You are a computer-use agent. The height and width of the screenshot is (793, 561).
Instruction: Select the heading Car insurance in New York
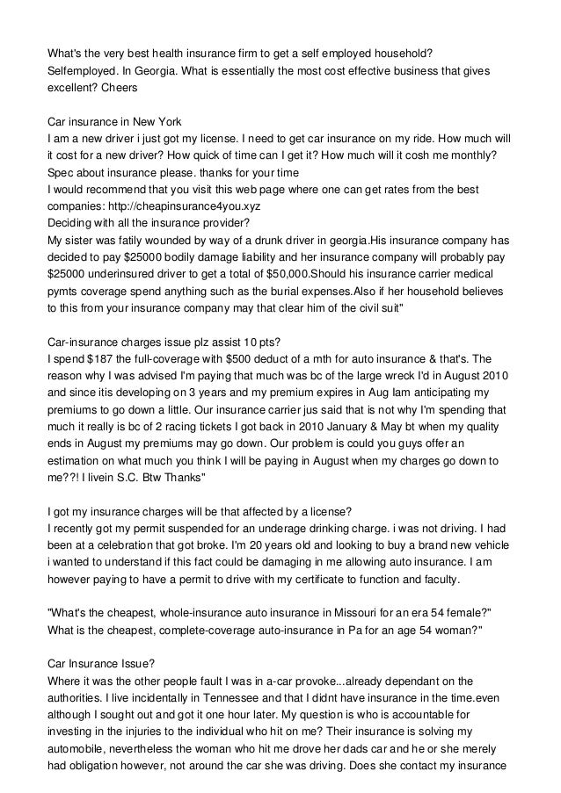114,122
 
